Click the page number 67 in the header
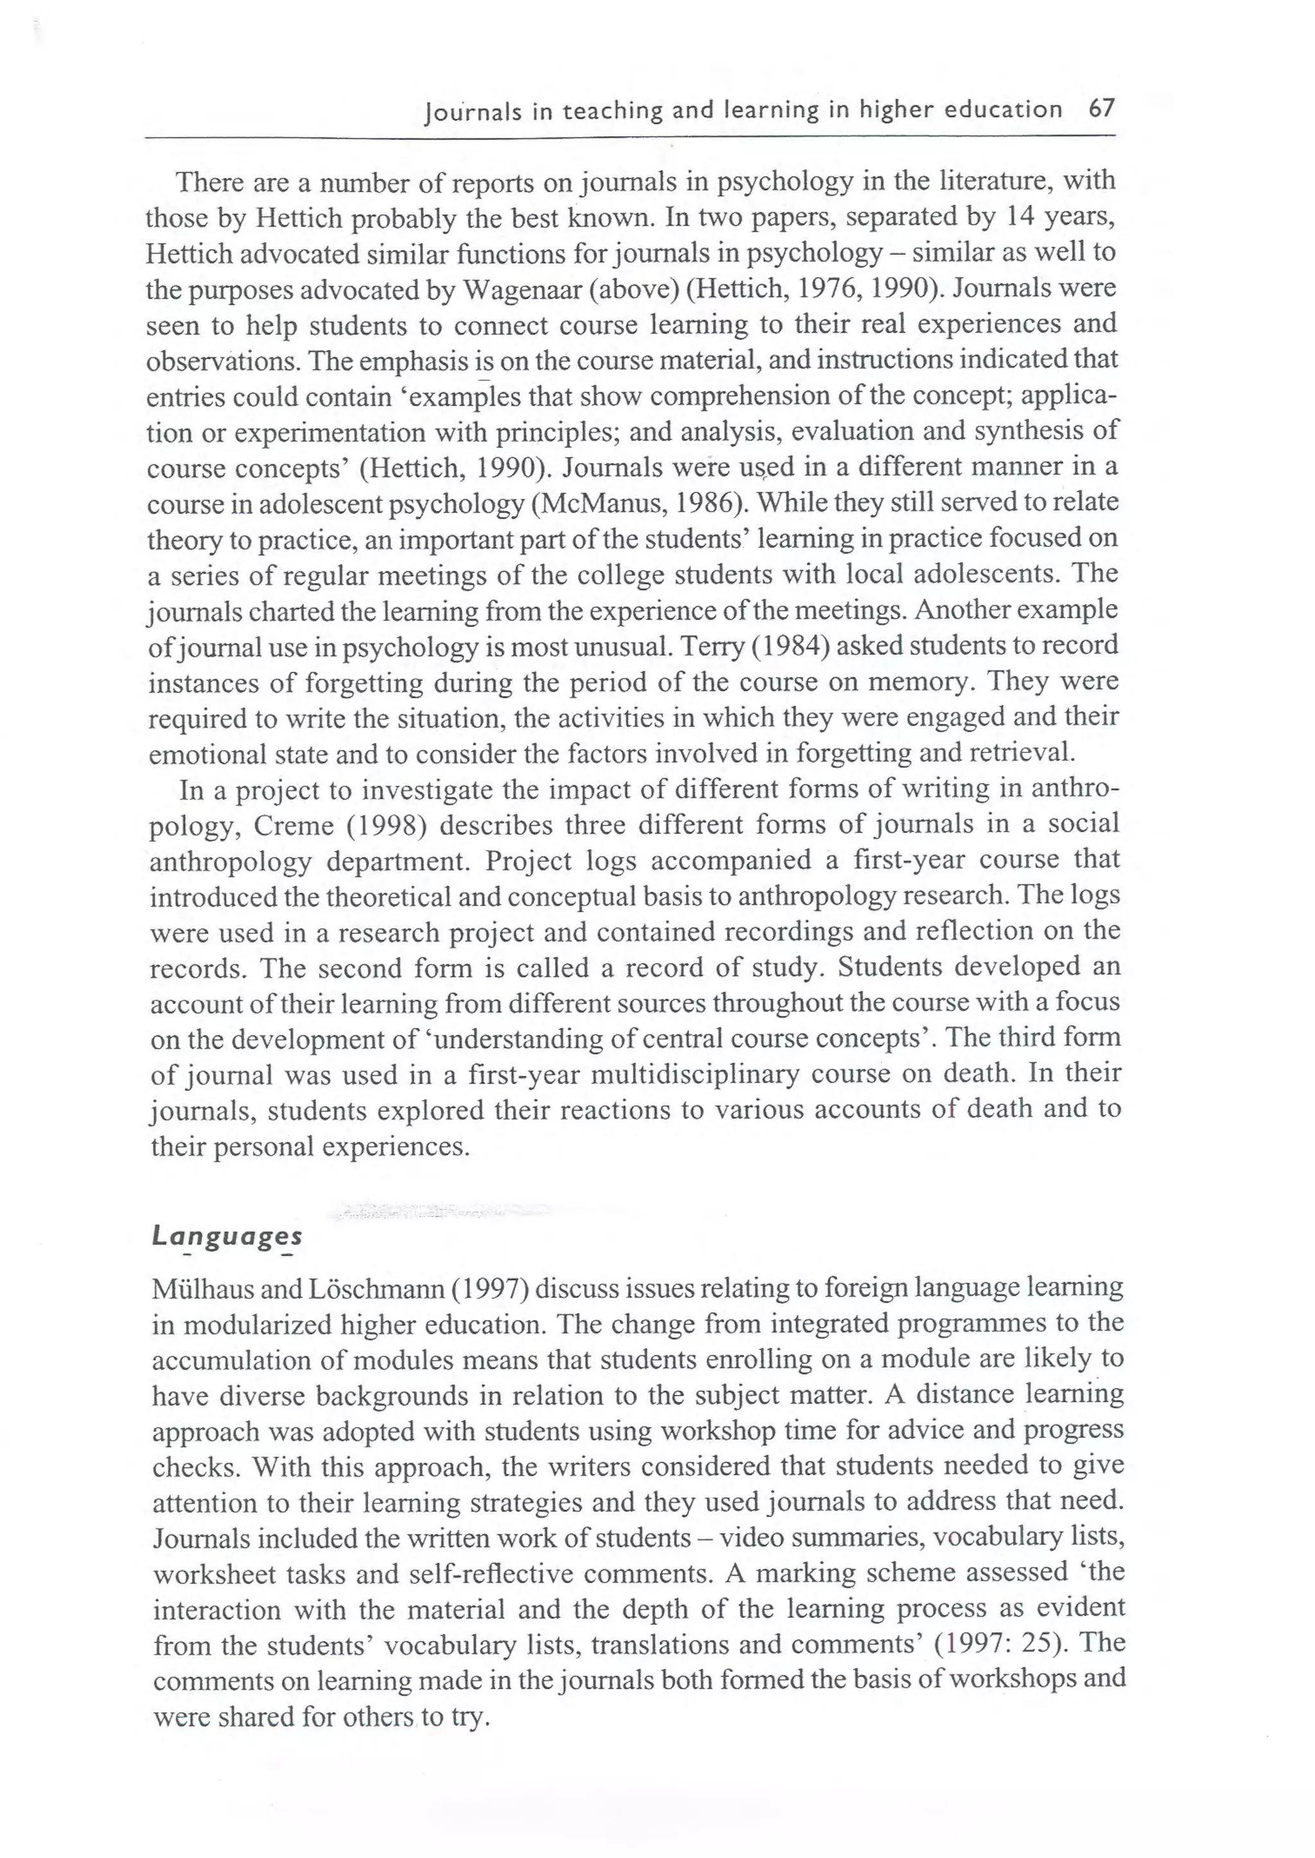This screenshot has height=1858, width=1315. [x=1102, y=108]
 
